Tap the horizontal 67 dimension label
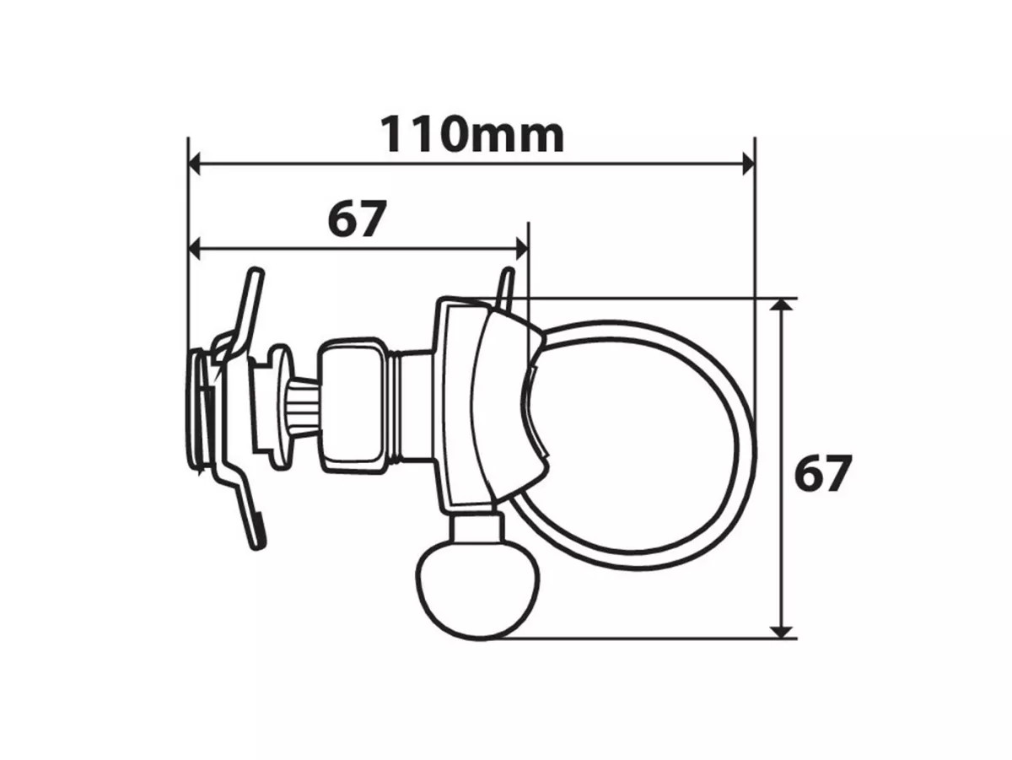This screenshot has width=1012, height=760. point(356,220)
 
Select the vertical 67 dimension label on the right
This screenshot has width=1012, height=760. point(823,473)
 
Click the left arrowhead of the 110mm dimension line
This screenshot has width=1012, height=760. point(196,164)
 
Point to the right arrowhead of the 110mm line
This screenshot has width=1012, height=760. point(746,164)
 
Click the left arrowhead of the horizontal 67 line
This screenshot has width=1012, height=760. point(196,249)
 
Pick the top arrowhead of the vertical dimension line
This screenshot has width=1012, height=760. point(783,307)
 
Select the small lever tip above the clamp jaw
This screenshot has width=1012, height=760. point(506,284)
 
